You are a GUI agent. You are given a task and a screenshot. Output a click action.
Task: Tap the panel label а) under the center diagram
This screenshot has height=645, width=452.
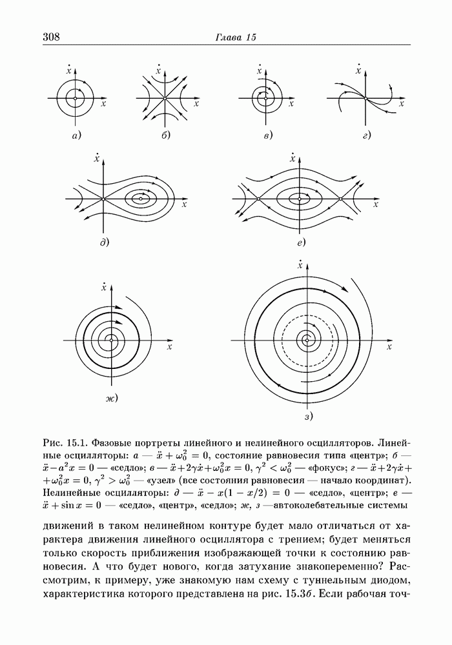(x=76, y=135)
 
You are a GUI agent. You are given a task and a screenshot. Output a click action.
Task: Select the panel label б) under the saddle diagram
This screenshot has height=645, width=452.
(x=165, y=135)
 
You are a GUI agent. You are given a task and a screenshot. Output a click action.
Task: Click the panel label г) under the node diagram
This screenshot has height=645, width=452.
(x=367, y=135)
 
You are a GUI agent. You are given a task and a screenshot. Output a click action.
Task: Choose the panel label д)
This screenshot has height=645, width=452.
(x=103, y=243)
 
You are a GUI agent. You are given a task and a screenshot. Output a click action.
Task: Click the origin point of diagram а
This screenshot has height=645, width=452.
(x=76, y=98)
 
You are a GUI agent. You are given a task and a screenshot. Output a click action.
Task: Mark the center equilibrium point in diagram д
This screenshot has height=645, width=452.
(x=141, y=199)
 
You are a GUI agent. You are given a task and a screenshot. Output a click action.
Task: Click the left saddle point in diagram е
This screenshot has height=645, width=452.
(x=257, y=199)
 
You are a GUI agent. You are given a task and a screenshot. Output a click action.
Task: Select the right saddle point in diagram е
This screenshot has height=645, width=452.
(x=340, y=199)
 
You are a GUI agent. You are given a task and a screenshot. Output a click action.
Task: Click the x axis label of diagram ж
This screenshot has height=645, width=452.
(x=169, y=347)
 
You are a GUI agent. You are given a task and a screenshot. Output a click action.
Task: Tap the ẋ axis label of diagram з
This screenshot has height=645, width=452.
(x=300, y=264)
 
